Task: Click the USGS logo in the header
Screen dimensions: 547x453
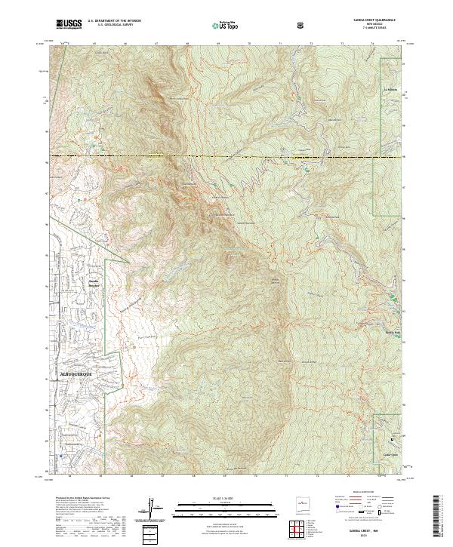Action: click(69, 24)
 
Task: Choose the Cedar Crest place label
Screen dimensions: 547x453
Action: click(390, 455)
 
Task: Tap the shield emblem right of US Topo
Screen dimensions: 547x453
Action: click(301, 25)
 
